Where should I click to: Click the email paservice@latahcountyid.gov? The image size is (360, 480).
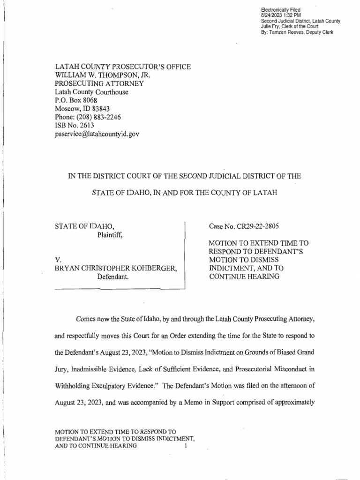(97, 134)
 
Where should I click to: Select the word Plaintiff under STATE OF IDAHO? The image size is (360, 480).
(110, 235)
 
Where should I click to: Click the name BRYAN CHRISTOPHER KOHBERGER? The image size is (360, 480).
(117, 269)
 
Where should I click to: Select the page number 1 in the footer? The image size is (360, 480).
(186, 446)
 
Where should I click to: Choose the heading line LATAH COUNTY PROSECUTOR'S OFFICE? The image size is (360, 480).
(123, 67)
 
